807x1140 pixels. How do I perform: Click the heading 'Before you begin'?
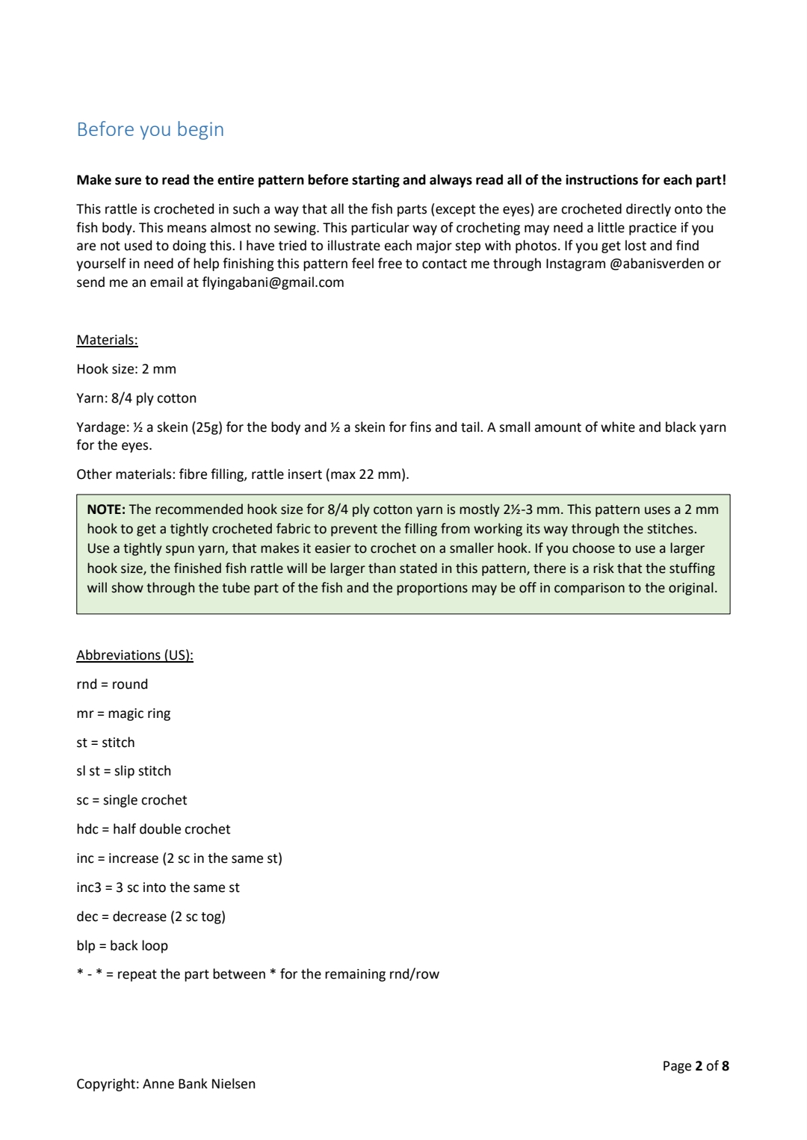(x=150, y=129)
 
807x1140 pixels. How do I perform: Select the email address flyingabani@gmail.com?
(x=273, y=282)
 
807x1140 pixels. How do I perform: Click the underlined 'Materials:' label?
(x=107, y=340)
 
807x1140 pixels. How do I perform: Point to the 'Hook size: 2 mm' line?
(x=126, y=369)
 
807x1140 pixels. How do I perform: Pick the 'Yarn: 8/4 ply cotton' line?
(x=136, y=398)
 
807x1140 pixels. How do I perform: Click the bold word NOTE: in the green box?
(x=105, y=509)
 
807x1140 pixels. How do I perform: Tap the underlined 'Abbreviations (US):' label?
(x=134, y=655)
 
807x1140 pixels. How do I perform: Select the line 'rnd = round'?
(x=112, y=684)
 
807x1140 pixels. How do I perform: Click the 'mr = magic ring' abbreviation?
(x=123, y=713)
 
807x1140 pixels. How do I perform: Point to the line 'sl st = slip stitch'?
(x=123, y=771)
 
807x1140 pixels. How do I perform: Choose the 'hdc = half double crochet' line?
(x=153, y=829)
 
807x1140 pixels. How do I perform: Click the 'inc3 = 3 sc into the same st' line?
(x=158, y=887)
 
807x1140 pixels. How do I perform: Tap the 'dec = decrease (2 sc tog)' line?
(x=150, y=917)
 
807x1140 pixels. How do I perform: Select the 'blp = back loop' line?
(x=122, y=946)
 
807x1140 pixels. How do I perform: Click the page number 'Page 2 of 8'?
(x=695, y=1066)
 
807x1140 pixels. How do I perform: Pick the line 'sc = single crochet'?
(x=132, y=800)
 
